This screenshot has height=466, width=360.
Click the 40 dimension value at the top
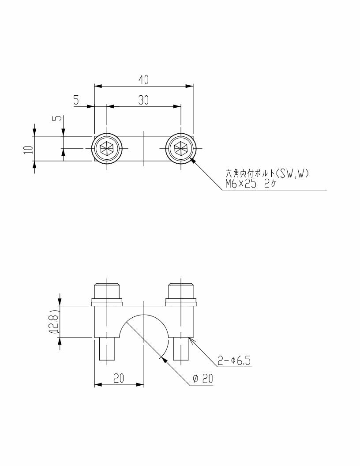pos(143,80)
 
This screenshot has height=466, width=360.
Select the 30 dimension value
pos(143,101)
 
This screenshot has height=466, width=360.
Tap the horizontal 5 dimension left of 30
pos(76,101)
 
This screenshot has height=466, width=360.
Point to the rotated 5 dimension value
pos(58,118)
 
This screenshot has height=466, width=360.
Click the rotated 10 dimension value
pos(28,150)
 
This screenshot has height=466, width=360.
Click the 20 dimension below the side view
pos(118,378)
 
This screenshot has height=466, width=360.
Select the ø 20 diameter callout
pos(203,378)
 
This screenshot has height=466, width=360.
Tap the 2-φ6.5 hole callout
pos(234,361)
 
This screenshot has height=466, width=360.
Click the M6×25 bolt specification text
pos(240,184)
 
